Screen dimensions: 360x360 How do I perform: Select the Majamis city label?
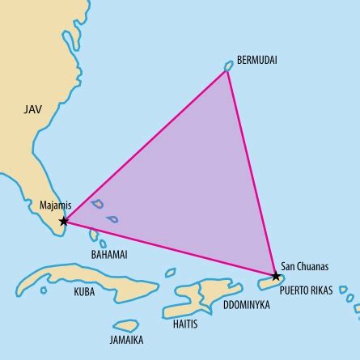click(x=56, y=205)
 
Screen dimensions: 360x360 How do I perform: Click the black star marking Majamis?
click(x=64, y=220)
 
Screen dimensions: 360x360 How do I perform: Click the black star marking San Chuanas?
click(x=276, y=276)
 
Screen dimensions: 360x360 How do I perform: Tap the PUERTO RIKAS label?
click(x=308, y=287)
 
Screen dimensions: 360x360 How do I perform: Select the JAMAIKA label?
click(x=128, y=339)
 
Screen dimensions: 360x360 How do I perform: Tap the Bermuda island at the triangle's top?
click(x=229, y=66)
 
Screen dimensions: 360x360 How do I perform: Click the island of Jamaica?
click(x=128, y=325)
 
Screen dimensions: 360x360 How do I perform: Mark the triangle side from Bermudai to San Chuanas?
click(x=252, y=173)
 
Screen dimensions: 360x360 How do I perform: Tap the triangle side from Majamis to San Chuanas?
click(x=170, y=248)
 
